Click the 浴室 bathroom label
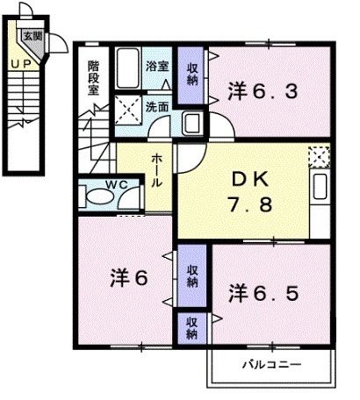click(157, 67)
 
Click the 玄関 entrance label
click(32, 36)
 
